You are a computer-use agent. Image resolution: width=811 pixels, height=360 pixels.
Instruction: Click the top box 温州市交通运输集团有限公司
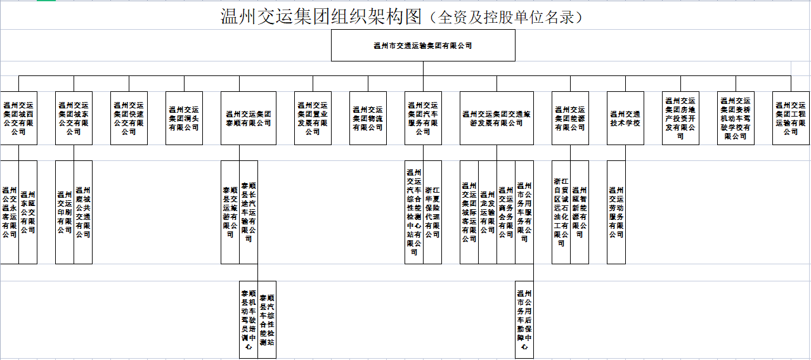[423, 46]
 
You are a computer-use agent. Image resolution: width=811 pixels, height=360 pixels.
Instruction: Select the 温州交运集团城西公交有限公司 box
[18, 118]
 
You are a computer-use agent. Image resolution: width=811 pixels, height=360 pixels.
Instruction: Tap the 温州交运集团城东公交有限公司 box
[74, 118]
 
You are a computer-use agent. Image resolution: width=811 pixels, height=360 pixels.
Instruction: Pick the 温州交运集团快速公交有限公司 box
[129, 118]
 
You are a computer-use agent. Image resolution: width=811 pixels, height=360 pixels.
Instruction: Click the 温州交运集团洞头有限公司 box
[184, 118]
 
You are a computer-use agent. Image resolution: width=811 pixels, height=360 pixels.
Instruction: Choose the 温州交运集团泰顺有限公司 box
[249, 118]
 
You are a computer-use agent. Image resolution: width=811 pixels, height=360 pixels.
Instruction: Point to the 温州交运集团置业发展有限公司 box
[313, 118]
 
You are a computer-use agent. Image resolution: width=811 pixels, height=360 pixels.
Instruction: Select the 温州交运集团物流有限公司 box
[368, 118]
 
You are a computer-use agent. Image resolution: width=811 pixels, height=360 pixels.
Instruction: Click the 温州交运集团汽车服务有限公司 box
[423, 118]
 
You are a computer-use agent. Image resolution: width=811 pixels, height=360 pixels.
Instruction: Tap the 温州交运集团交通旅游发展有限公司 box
[496, 118]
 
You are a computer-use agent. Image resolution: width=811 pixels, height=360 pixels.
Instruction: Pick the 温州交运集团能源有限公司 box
[570, 118]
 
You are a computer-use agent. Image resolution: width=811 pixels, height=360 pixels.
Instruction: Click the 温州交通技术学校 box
[625, 118]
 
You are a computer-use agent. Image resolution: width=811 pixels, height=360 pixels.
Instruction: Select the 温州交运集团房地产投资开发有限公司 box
[680, 118]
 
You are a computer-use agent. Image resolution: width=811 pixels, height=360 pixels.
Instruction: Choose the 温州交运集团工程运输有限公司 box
[791, 118]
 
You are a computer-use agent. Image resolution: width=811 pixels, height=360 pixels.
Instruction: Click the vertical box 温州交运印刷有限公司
[65, 212]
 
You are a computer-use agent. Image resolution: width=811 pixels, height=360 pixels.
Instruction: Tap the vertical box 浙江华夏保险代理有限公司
[432, 212]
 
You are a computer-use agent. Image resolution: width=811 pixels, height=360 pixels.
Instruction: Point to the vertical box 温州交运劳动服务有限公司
[616, 212]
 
